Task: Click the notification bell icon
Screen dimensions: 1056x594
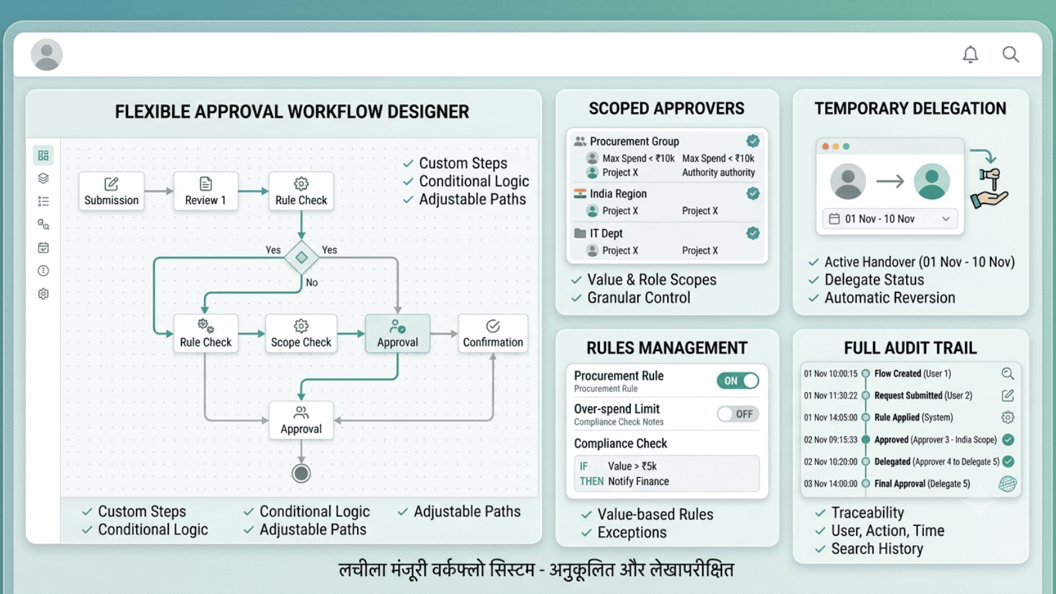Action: coord(970,54)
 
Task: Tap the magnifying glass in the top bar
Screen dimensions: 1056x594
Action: coord(1010,54)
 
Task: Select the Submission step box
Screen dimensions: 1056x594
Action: coord(112,191)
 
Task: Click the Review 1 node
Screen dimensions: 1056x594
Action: coord(205,191)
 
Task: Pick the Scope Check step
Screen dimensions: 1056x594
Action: coord(301,333)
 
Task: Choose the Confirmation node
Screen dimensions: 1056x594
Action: coord(492,333)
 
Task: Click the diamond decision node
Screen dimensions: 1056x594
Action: coord(301,257)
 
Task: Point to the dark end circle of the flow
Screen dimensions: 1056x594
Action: coord(301,473)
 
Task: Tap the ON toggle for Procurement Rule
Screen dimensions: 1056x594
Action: coord(738,380)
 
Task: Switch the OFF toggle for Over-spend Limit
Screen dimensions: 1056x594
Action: coord(738,414)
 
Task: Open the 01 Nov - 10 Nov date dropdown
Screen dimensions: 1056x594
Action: coord(890,218)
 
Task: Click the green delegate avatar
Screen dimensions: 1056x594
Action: coord(931,181)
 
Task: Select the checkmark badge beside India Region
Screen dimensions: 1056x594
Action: coord(753,193)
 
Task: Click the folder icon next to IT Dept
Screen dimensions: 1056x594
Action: coord(580,233)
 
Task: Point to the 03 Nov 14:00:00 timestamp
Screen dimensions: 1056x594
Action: coord(830,484)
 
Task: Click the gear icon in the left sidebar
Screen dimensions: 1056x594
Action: coord(44,294)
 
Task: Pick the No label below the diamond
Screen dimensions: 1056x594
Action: coord(312,282)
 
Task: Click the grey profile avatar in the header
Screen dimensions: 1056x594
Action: coord(47,55)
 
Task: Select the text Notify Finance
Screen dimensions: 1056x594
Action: coord(638,481)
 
